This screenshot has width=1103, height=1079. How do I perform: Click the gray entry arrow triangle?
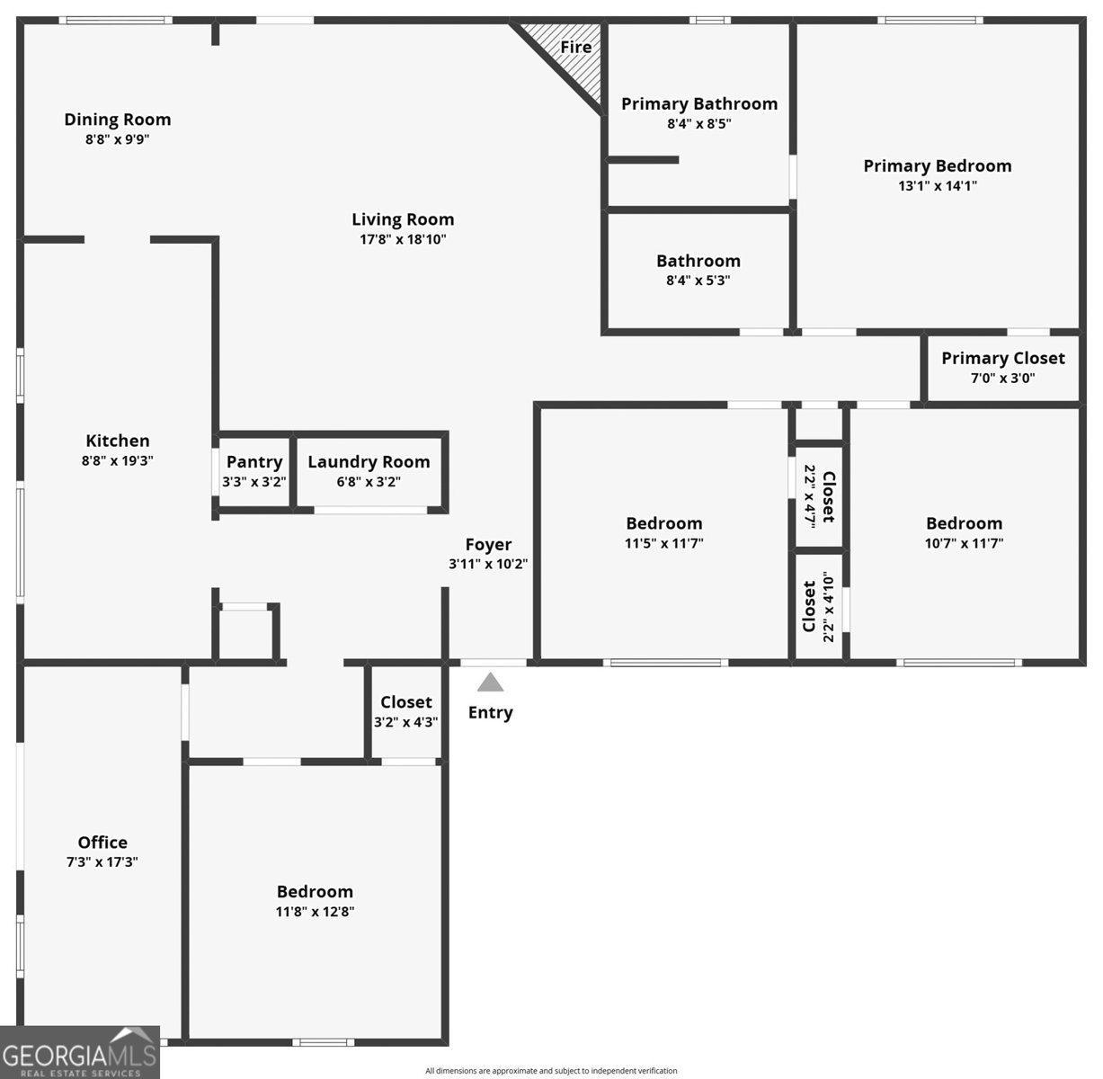coord(490,682)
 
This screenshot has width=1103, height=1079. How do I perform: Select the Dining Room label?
coord(117,120)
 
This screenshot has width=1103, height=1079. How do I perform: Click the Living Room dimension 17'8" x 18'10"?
coord(403,239)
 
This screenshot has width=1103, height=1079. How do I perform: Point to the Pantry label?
coord(254,462)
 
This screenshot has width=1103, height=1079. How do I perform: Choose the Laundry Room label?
coord(369,462)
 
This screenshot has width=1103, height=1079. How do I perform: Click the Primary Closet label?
coord(1002,358)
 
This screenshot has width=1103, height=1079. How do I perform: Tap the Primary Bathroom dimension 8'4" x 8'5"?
coord(698,124)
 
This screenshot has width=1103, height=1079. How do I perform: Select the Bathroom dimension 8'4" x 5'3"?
coord(698,281)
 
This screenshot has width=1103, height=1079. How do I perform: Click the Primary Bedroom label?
coord(937,165)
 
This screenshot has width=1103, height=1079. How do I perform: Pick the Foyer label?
coord(488,544)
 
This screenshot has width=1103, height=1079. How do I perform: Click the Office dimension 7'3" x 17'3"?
coord(102,862)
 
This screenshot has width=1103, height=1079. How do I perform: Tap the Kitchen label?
coord(118,441)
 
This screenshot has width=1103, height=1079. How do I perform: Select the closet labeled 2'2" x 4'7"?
coord(819,495)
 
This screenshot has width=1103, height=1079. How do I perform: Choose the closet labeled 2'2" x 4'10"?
coord(819,608)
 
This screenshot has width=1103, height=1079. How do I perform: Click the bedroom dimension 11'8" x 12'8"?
coord(315,912)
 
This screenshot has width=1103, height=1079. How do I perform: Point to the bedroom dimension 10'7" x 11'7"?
coord(964,543)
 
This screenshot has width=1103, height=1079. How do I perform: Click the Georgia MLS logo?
coord(80,1052)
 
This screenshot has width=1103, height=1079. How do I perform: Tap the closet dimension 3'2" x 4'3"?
coord(405,722)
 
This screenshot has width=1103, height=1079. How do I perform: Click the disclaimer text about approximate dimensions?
coord(551,1071)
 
